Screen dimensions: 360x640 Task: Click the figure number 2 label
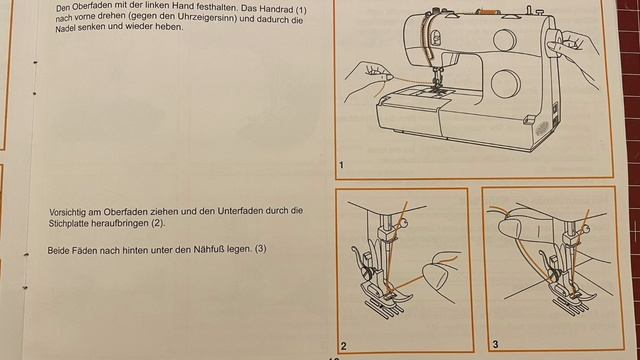pyautogui.click(x=343, y=346)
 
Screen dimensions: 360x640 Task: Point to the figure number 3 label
pyautogui.click(x=497, y=345)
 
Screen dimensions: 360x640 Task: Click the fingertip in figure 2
pyautogui.click(x=434, y=273)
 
